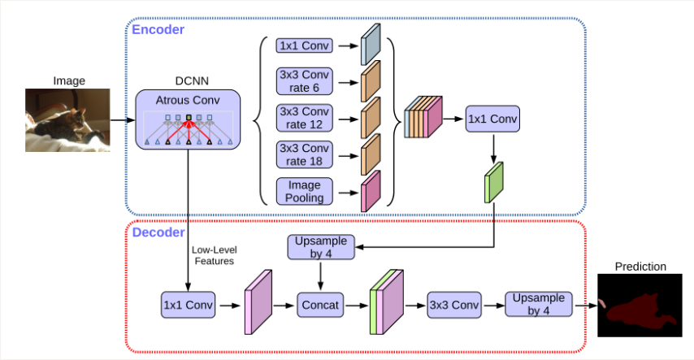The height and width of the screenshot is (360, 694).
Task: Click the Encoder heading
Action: coord(158,30)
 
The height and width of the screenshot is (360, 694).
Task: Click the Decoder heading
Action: coord(158,233)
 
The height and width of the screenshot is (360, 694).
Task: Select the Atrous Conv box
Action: coord(189,119)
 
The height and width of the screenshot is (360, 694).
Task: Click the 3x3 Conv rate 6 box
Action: coord(303,80)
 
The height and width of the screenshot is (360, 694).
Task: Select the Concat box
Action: coord(322,306)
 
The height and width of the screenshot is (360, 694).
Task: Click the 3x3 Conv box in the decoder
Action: coord(450,306)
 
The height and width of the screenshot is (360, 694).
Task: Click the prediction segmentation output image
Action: coord(640,306)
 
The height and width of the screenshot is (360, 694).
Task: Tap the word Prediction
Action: coord(640,267)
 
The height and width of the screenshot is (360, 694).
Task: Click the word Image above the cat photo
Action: coord(69,80)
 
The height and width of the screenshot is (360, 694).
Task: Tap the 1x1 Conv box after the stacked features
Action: coord(492,120)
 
